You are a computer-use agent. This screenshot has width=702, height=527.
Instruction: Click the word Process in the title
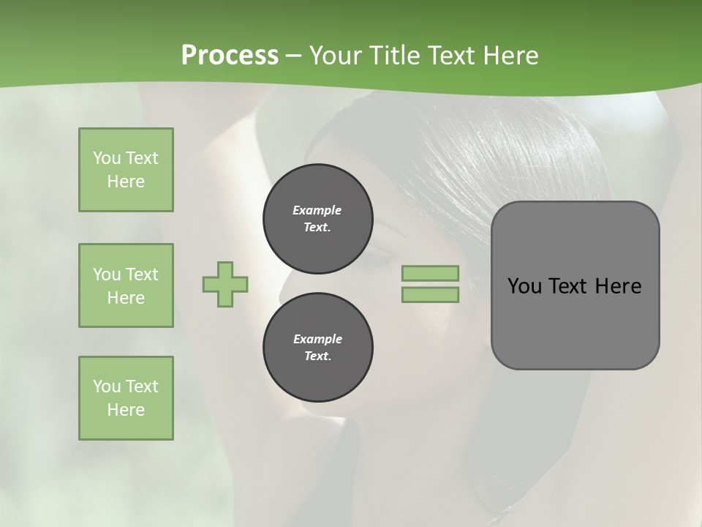point(230,56)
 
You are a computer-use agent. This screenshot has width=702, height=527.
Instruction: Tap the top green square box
point(126,170)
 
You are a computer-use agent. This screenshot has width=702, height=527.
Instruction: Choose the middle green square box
point(126,285)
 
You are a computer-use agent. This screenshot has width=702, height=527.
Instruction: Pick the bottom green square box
point(126,398)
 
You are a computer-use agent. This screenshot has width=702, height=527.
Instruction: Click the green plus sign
point(225,284)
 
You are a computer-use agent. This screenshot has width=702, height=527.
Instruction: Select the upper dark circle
point(318,219)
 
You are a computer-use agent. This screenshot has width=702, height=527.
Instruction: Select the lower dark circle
point(318,348)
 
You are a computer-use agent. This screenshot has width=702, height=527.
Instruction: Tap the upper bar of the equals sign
point(430,273)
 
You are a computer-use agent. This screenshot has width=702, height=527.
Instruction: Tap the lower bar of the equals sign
point(430,295)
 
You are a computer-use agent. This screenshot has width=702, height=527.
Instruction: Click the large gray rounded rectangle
point(575,322)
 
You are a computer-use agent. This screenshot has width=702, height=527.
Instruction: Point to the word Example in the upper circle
point(317,210)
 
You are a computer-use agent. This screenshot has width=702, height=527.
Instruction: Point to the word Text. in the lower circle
point(317,356)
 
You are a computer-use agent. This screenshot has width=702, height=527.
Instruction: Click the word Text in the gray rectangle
point(569,286)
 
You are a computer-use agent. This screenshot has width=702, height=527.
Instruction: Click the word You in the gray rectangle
point(524,286)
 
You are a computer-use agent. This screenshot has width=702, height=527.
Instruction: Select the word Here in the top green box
point(126,182)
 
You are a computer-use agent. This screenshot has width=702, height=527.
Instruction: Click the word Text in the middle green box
point(141,274)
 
